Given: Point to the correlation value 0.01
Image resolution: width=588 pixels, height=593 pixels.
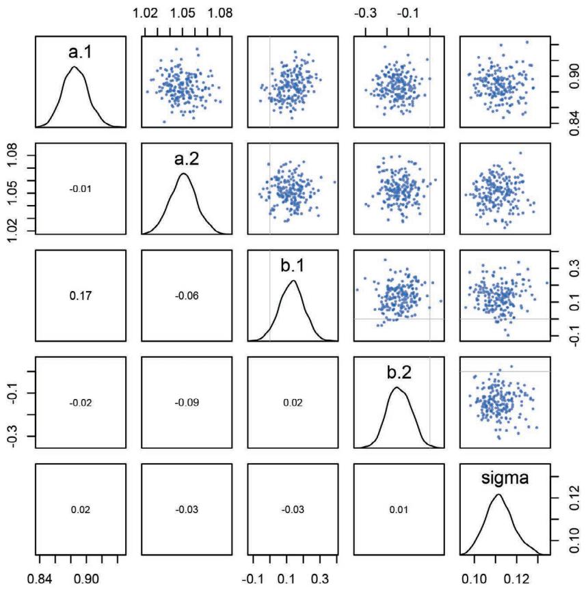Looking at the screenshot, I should click(x=399, y=510).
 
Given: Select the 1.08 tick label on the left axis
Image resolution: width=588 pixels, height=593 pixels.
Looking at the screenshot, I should click(x=13, y=158).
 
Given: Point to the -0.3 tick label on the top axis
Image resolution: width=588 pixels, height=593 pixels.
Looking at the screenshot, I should click(x=368, y=12).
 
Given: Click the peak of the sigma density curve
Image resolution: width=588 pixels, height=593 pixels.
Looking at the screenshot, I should click(x=498, y=495).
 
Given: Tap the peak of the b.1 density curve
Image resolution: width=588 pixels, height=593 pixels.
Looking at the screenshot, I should click(x=294, y=281).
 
